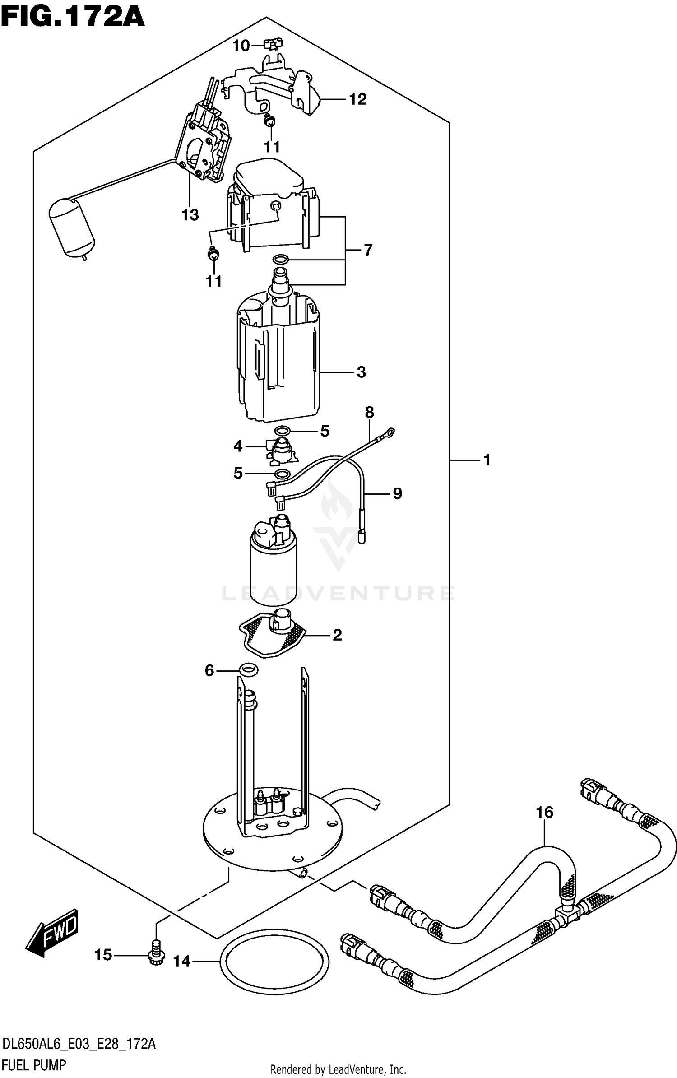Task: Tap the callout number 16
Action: pyautogui.click(x=544, y=813)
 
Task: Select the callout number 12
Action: pyautogui.click(x=358, y=99)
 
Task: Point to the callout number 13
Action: pyautogui.click(x=190, y=215)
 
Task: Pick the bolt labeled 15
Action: pyautogui.click(x=156, y=954)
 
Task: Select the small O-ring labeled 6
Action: pyautogui.click(x=248, y=670)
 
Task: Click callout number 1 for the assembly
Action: pyautogui.click(x=487, y=460)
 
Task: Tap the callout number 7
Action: pyautogui.click(x=368, y=250)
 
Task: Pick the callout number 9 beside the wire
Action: pyautogui.click(x=397, y=493)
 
